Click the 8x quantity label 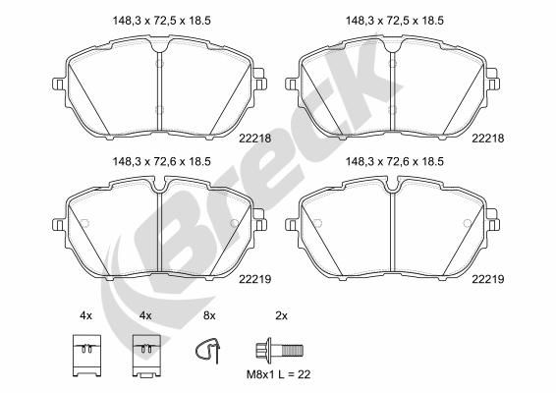point(207,316)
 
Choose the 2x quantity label point(280,316)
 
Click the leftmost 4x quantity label point(85,316)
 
